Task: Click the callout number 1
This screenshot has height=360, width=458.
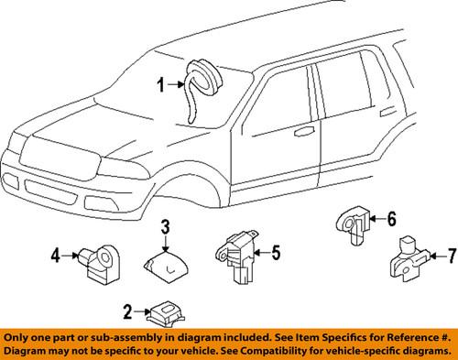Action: [161, 87]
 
